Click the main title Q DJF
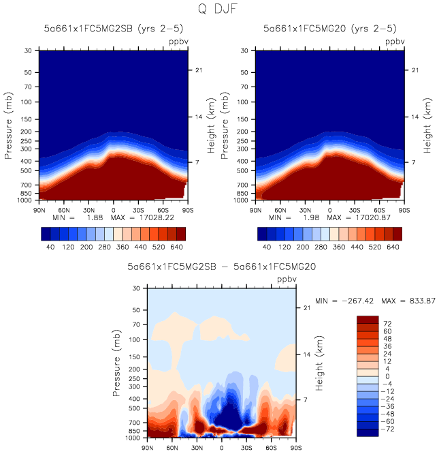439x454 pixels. [x=220, y=10]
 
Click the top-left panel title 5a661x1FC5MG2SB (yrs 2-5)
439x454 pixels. [x=110, y=29]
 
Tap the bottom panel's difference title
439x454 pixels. [x=219, y=268]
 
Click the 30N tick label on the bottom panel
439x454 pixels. [x=197, y=447]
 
